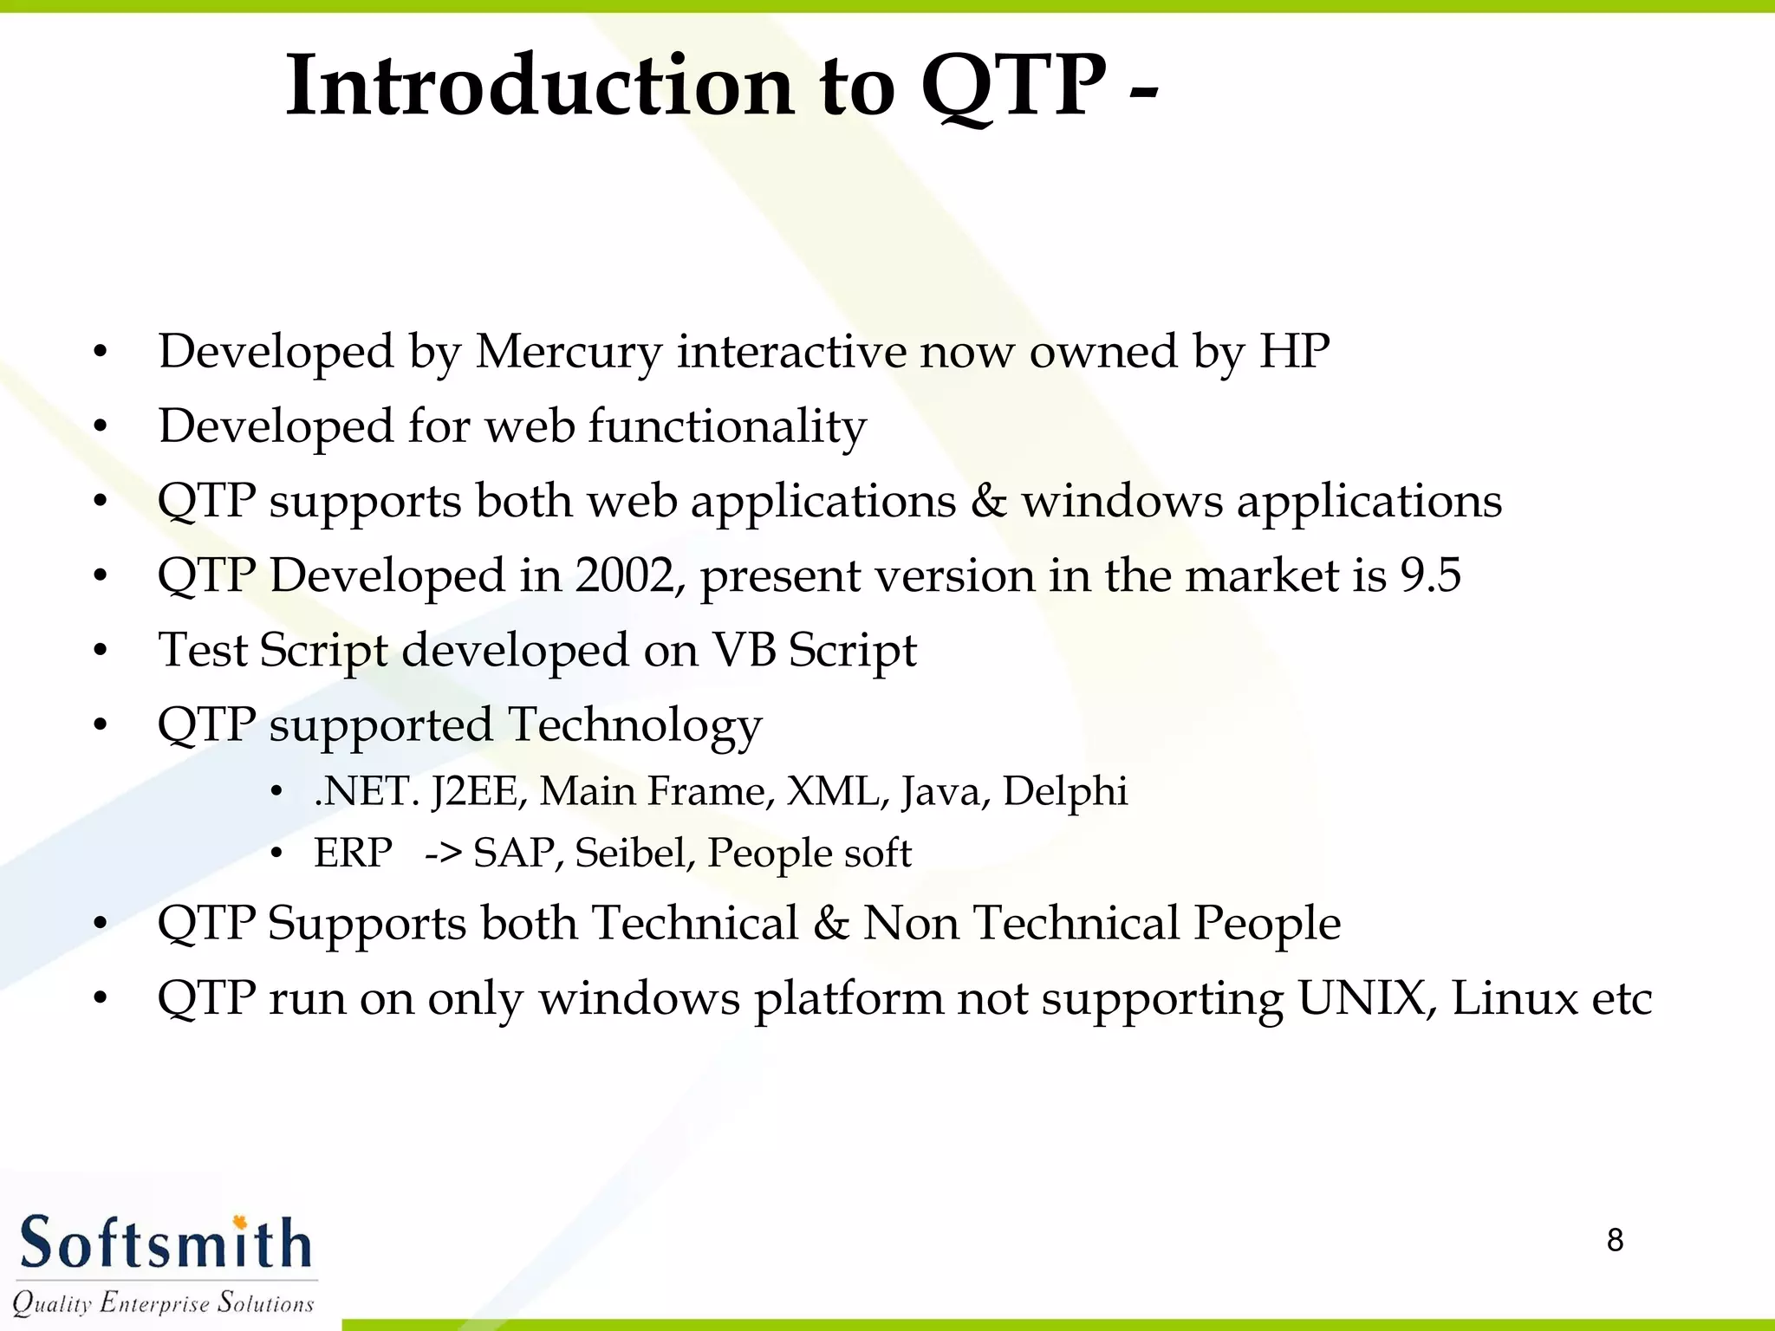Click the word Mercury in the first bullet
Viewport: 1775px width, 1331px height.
coord(569,353)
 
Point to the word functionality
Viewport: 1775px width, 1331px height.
coord(727,427)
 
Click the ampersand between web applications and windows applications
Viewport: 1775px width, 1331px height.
coord(988,501)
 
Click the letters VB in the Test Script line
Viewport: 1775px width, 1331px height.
coord(743,650)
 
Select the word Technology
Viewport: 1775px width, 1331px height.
coord(634,726)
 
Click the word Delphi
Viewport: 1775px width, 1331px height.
coord(1064,791)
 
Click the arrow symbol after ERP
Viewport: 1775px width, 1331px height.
coord(443,854)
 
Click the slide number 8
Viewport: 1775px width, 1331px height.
coord(1615,1240)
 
